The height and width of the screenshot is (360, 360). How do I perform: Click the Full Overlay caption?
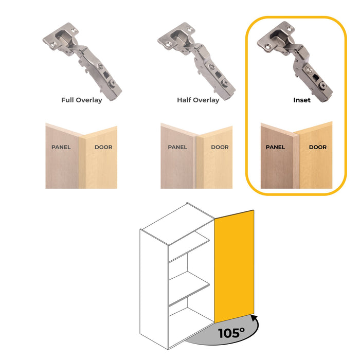(x=81, y=100)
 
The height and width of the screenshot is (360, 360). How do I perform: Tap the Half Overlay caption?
(x=198, y=100)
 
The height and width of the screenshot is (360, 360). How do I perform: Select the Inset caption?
(x=302, y=100)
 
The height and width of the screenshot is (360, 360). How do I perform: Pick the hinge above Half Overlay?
(x=198, y=59)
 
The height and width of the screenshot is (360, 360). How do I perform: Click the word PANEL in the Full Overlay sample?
(x=61, y=147)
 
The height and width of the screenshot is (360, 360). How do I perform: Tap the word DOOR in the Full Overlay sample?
(x=103, y=147)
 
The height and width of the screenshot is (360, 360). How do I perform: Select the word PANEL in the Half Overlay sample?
(x=177, y=147)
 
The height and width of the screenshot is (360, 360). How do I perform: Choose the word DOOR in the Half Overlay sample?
(x=220, y=147)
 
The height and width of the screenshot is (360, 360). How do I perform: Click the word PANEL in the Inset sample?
(x=275, y=147)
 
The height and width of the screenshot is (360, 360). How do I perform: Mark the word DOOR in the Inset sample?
(x=317, y=147)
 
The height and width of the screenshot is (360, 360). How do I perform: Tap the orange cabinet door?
(x=234, y=262)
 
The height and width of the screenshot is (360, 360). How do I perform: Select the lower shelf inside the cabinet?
(x=189, y=291)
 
